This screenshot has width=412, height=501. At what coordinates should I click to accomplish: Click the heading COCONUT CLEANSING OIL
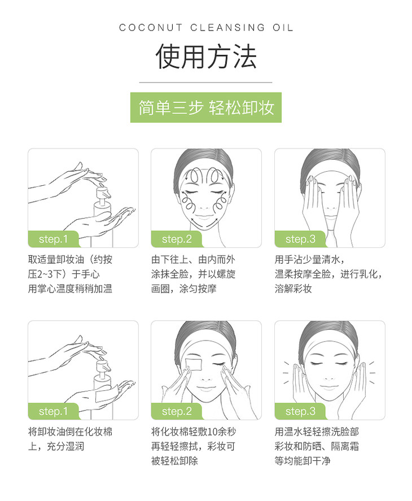[x=206, y=28]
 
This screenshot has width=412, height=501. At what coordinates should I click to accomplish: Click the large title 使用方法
[x=206, y=57]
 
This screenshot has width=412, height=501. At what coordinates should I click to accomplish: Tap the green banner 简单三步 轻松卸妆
[x=206, y=107]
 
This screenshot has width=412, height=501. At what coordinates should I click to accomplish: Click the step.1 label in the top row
[x=54, y=239]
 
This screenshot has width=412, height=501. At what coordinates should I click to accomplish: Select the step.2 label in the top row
[x=177, y=239]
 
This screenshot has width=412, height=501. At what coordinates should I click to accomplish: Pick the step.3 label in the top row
[x=300, y=239]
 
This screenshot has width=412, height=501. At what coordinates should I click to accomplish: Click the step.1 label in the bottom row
[x=54, y=411]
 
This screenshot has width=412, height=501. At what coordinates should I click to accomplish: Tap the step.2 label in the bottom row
[x=177, y=411]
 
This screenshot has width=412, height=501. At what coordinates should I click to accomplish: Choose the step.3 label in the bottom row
[x=300, y=411]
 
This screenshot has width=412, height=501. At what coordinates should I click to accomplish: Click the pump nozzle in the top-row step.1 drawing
[x=104, y=193]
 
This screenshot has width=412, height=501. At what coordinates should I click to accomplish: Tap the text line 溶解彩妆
[x=293, y=289]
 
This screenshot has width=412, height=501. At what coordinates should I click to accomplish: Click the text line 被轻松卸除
[x=175, y=461]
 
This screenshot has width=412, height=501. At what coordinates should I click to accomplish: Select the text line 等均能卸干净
[x=303, y=461]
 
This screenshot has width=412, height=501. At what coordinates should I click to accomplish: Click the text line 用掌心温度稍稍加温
[x=70, y=289]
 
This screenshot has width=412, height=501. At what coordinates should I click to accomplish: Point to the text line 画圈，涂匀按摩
[x=184, y=289]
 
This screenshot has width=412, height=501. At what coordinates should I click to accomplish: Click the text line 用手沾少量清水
[x=309, y=259]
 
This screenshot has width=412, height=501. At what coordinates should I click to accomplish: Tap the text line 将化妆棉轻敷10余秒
[x=194, y=432]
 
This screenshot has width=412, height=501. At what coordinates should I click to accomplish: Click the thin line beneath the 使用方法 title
[x=205, y=82]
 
